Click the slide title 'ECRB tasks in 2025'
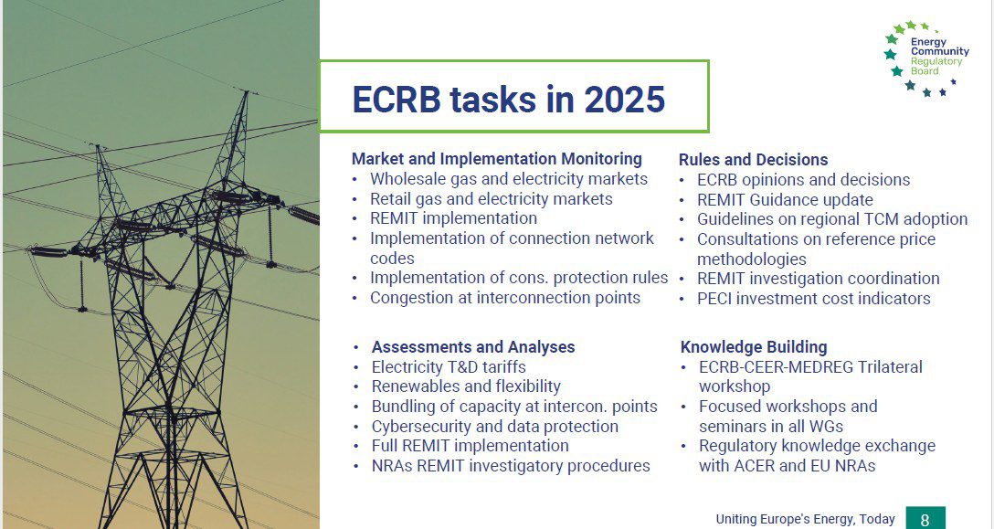pyautogui.click(x=508, y=100)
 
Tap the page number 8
pyautogui.click(x=925, y=520)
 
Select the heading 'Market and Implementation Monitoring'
pyautogui.click(x=497, y=159)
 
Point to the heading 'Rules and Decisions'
pyautogui.click(x=753, y=159)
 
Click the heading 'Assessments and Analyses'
pyautogui.click(x=473, y=347)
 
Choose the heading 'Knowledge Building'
pyautogui.click(x=754, y=347)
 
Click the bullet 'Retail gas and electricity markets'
pyautogui.click(x=492, y=199)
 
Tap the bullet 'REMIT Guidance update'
pyautogui.click(x=785, y=200)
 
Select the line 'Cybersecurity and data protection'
pyautogui.click(x=494, y=427)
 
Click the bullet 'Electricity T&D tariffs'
pyautogui.click(x=449, y=367)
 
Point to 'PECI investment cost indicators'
pyautogui.click(x=814, y=298)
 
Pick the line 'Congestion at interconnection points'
pyautogui.click(x=505, y=298)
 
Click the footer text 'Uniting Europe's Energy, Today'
pyautogui.click(x=805, y=519)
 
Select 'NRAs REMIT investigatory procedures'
pyautogui.click(x=511, y=466)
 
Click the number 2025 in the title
pyautogui.click(x=624, y=100)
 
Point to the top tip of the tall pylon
pyautogui.click(x=247, y=92)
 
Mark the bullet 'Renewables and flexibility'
pyautogui.click(x=466, y=386)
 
